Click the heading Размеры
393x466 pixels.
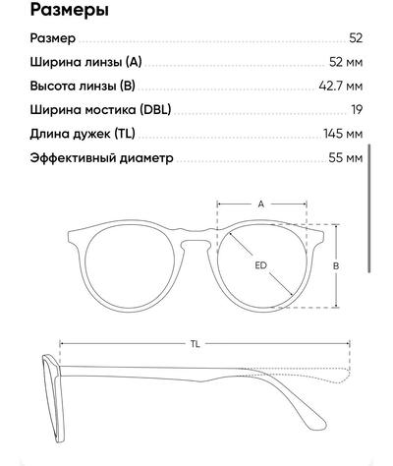click(x=69, y=11)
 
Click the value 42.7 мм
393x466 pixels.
click(x=341, y=87)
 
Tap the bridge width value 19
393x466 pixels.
click(x=357, y=110)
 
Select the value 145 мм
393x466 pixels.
click(x=343, y=134)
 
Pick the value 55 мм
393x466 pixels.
click(x=346, y=158)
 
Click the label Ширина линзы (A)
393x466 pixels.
click(x=85, y=62)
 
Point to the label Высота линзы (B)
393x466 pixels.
click(x=83, y=86)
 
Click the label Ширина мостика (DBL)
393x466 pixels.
click(x=100, y=110)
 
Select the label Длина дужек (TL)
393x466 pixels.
click(x=83, y=134)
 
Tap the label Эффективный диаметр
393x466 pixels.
click(x=101, y=158)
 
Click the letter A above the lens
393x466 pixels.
click(x=261, y=204)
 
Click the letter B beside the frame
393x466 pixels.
click(x=336, y=265)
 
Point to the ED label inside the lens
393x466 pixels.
click(x=261, y=265)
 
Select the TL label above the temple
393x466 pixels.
click(x=196, y=344)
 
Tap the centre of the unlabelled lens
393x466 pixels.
click(x=130, y=265)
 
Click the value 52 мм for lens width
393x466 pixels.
click(x=346, y=62)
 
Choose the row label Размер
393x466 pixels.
click(x=53, y=38)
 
